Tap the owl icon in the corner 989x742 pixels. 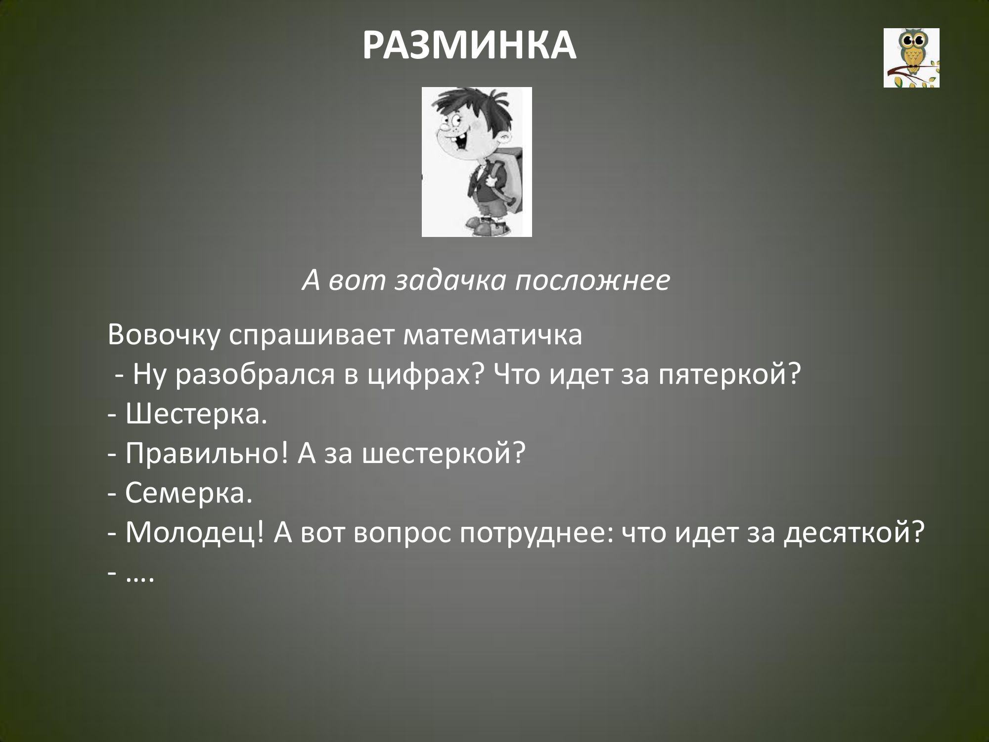(911, 58)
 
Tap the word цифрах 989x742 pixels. (426, 376)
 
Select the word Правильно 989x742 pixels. (207, 455)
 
